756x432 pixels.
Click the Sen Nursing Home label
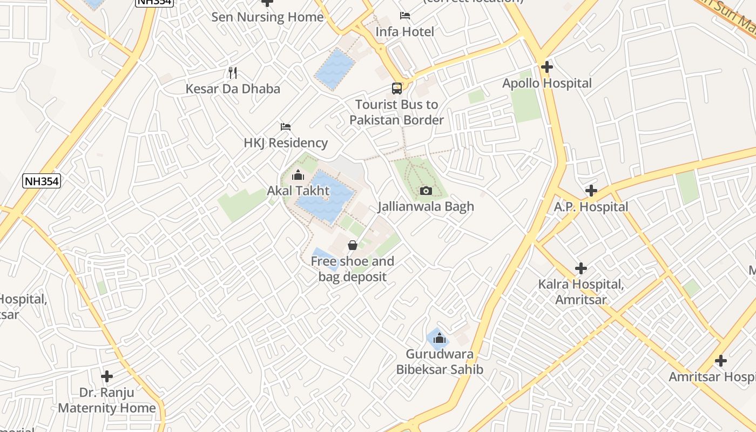[267, 17]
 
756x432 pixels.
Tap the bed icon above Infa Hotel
[404, 16]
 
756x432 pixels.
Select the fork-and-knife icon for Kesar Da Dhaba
[233, 72]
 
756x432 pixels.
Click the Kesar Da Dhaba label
[233, 89]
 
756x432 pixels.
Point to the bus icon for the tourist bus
[397, 89]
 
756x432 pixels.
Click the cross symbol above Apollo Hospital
[546, 67]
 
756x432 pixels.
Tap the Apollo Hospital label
[546, 83]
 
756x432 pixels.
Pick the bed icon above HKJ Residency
[286, 127]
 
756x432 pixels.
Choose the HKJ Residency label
[286, 143]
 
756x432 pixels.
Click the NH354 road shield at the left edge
[42, 181]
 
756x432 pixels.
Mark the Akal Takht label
[298, 191]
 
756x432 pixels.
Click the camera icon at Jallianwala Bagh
[426, 191]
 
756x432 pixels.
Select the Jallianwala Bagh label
[426, 206]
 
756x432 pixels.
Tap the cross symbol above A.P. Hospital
[591, 191]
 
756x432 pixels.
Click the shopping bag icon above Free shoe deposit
[353, 246]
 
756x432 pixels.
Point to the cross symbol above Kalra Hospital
[581, 268]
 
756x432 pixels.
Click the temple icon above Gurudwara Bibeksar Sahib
[440, 339]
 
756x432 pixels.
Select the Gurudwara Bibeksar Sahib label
[440, 362]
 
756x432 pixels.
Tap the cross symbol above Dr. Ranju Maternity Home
[107, 376]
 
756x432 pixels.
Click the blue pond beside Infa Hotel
[335, 68]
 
